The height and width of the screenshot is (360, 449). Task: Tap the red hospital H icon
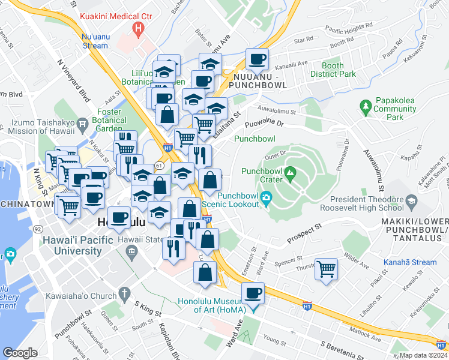(139, 28)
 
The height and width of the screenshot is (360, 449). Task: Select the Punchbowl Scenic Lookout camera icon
(266, 199)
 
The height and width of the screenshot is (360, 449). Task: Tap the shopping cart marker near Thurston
(327, 269)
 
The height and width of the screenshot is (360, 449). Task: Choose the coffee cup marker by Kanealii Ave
(257, 59)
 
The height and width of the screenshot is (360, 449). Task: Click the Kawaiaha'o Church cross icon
(124, 293)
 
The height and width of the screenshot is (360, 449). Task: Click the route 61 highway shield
(158, 164)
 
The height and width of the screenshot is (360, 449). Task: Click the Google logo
(20, 353)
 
